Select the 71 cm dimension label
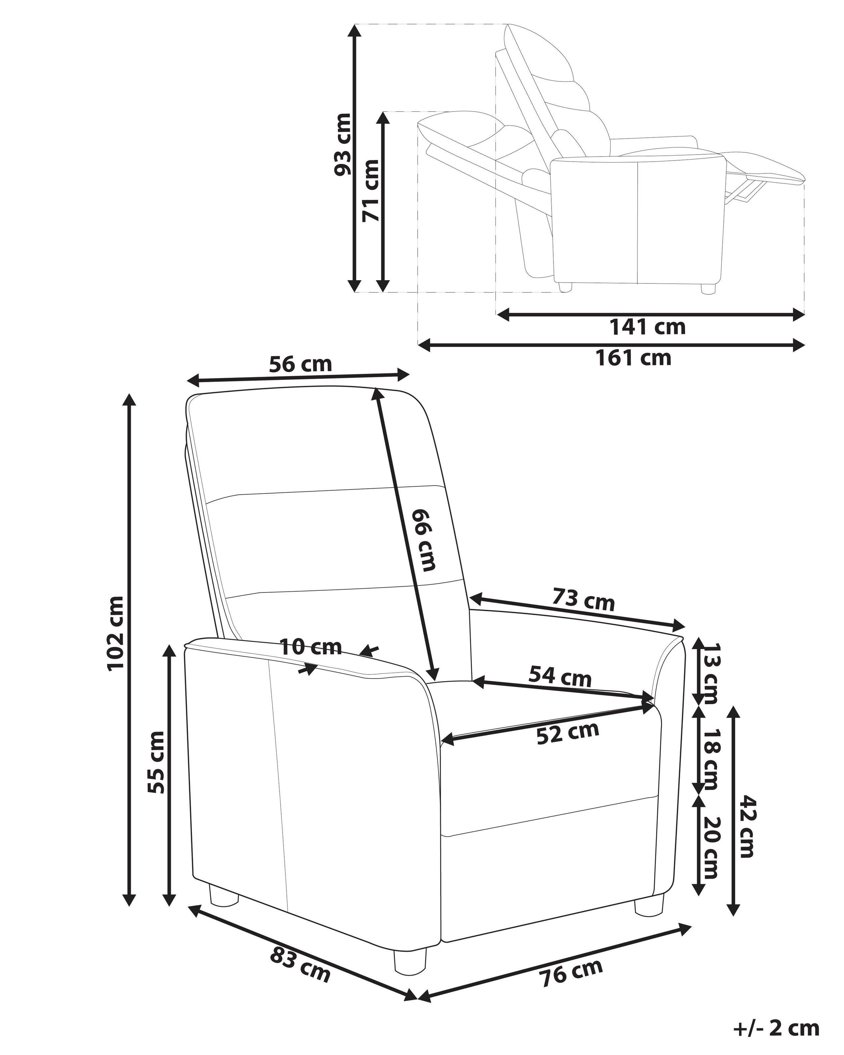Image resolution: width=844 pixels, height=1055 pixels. click(370, 191)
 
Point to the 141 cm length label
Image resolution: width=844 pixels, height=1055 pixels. click(647, 327)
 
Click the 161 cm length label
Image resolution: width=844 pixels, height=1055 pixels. click(633, 358)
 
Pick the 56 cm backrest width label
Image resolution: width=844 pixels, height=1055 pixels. click(300, 365)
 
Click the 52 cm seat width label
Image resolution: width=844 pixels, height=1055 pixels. click(568, 746)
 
